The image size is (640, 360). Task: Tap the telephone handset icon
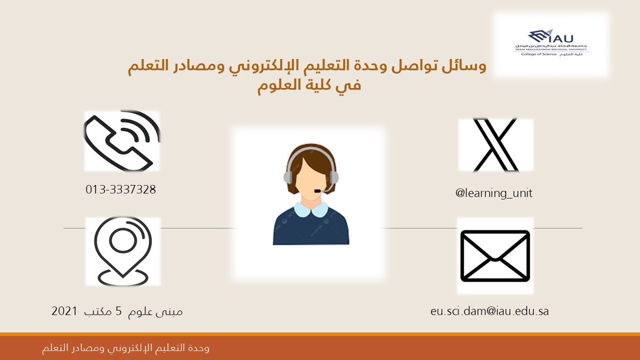click(x=122, y=141)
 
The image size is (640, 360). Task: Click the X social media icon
click(x=495, y=145)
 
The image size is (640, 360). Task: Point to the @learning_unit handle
click(x=494, y=194)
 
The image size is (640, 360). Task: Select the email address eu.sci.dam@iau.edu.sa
click(x=489, y=311)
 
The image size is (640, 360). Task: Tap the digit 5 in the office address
click(x=118, y=311)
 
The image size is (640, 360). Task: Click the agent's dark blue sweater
click(x=311, y=229)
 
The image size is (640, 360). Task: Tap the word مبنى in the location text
click(x=170, y=311)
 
